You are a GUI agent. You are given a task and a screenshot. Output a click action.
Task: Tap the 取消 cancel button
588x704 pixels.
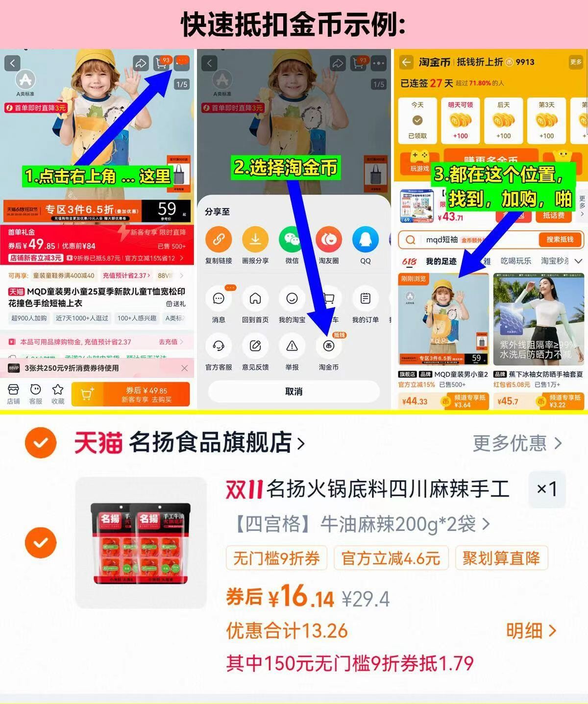[x=294, y=391]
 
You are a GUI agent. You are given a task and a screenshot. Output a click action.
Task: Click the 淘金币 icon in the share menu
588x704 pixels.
[x=328, y=346]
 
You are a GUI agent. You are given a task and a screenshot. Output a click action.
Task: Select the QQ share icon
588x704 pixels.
[x=365, y=240]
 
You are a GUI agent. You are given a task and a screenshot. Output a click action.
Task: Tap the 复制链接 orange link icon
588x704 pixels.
[x=219, y=240]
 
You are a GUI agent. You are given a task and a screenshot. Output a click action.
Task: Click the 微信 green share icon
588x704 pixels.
[x=292, y=240]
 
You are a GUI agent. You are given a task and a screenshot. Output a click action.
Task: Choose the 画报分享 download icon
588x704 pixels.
[x=255, y=240]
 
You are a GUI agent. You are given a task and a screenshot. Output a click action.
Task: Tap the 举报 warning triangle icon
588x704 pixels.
[x=292, y=346]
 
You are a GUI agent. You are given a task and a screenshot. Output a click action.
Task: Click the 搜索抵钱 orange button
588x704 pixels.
[x=559, y=239]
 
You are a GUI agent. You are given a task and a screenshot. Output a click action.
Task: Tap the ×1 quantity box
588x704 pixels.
[x=547, y=489]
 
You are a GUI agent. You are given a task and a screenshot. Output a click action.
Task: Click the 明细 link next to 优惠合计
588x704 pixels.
[x=531, y=631]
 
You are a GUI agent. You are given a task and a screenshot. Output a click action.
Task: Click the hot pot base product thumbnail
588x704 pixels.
[x=141, y=543]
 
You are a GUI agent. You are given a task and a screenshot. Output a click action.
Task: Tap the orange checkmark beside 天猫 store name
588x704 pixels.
[x=41, y=443]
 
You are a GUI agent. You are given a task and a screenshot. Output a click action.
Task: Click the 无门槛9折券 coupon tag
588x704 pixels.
[x=276, y=558]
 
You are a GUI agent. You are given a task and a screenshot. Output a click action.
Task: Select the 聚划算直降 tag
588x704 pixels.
[x=501, y=558]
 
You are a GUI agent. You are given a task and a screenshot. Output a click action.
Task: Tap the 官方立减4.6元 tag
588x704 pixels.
[x=391, y=558]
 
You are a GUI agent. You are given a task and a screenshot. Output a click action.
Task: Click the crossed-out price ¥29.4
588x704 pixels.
[x=366, y=599]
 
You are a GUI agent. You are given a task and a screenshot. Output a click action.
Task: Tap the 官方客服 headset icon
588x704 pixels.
[x=219, y=346]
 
